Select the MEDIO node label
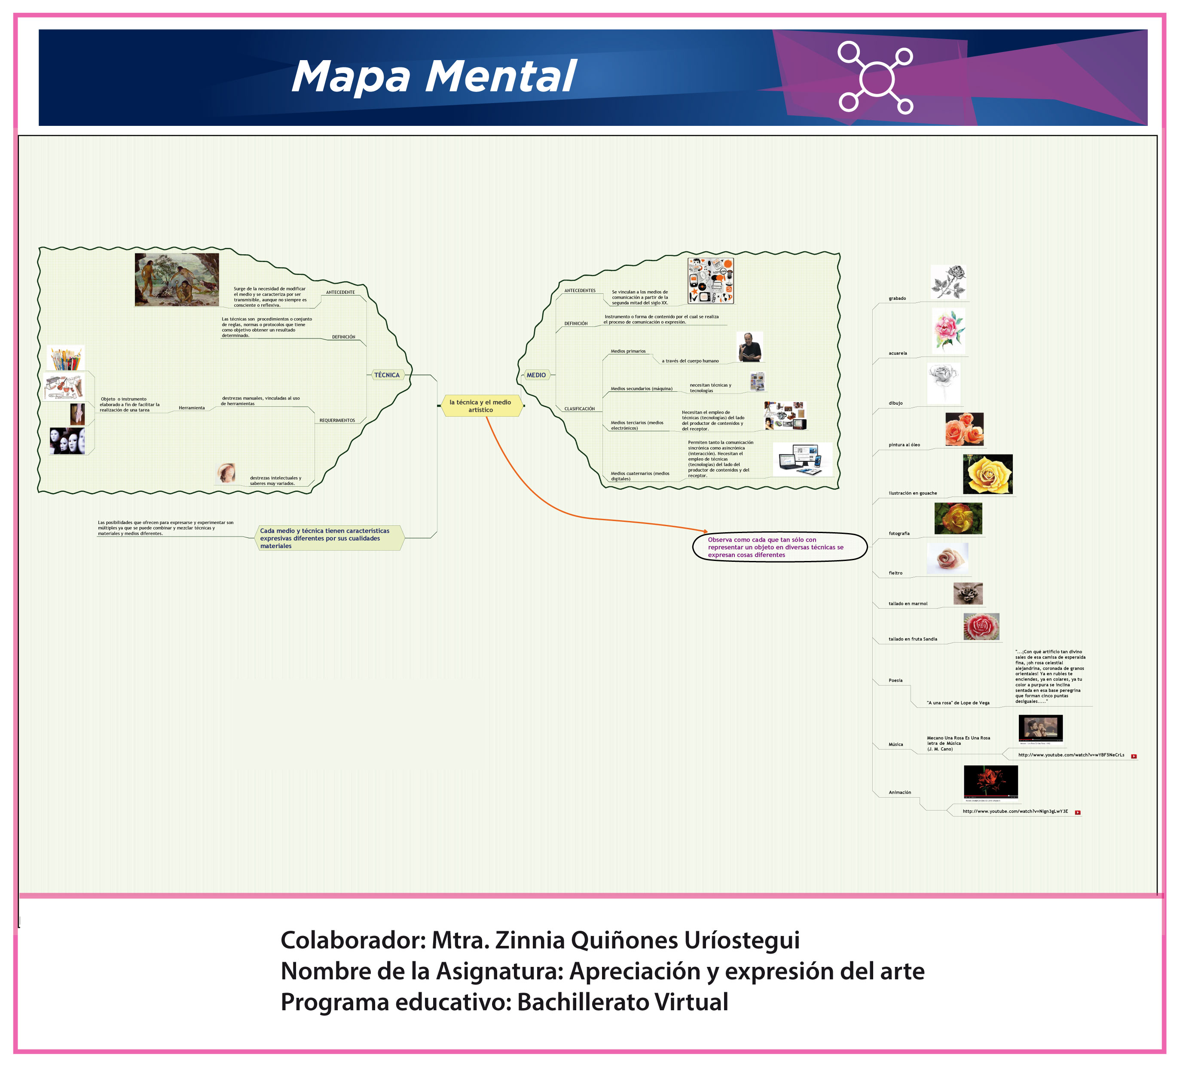click(536, 375)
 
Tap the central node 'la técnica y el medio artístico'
click(481, 406)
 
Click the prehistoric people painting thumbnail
click(177, 280)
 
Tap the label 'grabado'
click(897, 299)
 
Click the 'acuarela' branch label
click(898, 354)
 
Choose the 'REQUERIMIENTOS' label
click(337, 421)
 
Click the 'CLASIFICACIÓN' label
click(580, 408)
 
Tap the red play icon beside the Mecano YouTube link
click(1134, 756)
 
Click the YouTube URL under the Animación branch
click(1015, 811)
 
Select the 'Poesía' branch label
click(896, 680)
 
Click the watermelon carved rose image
click(981, 627)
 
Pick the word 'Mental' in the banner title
click(501, 76)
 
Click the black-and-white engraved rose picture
click(948, 282)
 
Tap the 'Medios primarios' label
click(628, 352)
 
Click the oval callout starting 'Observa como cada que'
click(779, 547)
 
